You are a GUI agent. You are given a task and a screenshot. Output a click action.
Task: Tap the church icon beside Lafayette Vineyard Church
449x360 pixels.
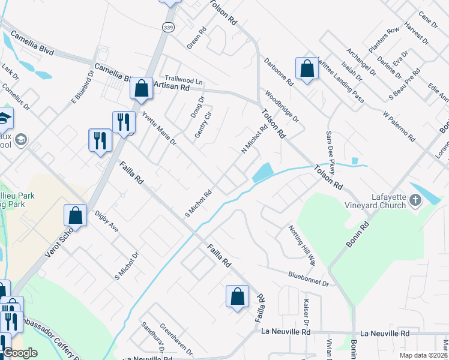(x=415, y=202)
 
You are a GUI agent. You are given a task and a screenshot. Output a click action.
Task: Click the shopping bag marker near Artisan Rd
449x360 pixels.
(x=141, y=89)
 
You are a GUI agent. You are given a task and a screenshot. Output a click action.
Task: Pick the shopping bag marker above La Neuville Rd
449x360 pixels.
(x=237, y=296)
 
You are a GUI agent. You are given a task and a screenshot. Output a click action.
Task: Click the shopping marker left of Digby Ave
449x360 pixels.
(x=76, y=215)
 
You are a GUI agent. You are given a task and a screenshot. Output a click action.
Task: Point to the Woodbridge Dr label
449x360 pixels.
(x=282, y=107)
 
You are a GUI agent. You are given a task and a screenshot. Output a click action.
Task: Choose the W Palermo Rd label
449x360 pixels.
(x=399, y=125)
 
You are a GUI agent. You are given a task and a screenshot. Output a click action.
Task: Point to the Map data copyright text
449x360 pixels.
(x=423, y=355)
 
